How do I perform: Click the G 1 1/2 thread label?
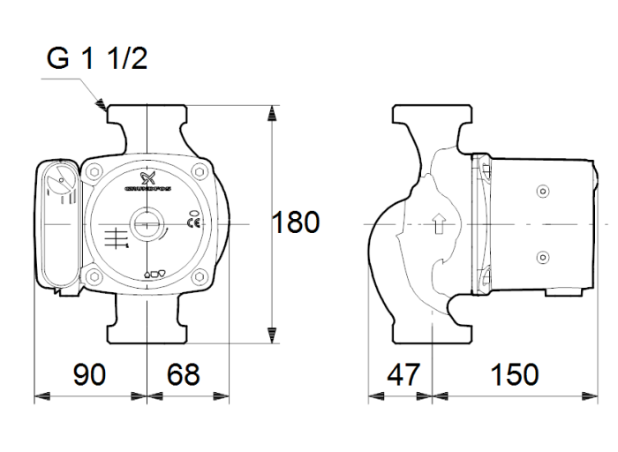point(97,61)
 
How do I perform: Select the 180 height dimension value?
point(295,222)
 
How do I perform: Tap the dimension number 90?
point(89,374)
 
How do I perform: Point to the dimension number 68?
point(183,374)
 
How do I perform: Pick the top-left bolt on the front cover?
point(94,174)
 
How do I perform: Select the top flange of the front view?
point(146,114)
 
